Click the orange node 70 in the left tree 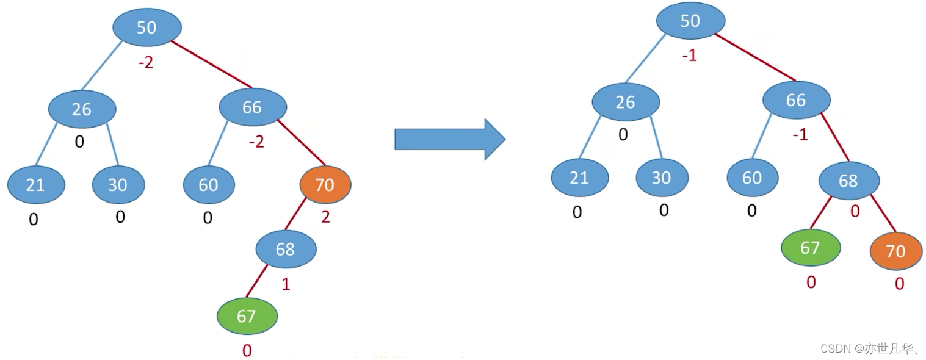click(x=325, y=184)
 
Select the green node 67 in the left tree click(x=247, y=316)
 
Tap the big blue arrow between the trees click(x=450, y=139)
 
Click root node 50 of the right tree click(x=690, y=21)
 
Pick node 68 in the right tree click(x=849, y=181)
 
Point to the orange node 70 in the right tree click(x=896, y=251)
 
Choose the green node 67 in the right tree click(x=811, y=248)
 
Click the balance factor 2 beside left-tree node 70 click(x=326, y=217)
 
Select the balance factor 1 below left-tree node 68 click(x=286, y=284)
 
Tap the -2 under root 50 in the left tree click(x=146, y=63)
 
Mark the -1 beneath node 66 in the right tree click(x=800, y=135)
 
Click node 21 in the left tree click(x=36, y=184)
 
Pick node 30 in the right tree click(x=662, y=178)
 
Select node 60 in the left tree click(x=209, y=184)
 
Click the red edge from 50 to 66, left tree click(x=211, y=64)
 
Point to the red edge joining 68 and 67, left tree click(x=257, y=281)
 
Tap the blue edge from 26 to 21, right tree click(x=590, y=137)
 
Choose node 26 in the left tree click(x=82, y=109)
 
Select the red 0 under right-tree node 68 click(x=855, y=212)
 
